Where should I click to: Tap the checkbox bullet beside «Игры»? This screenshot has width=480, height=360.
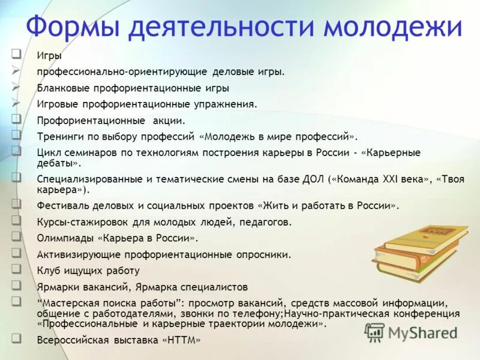(x=16, y=55)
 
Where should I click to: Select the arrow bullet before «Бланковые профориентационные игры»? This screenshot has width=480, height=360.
(x=16, y=87)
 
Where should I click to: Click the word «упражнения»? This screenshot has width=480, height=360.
(x=229, y=104)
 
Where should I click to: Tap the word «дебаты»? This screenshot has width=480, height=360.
(x=57, y=163)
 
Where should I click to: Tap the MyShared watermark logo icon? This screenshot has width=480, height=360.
(x=374, y=332)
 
